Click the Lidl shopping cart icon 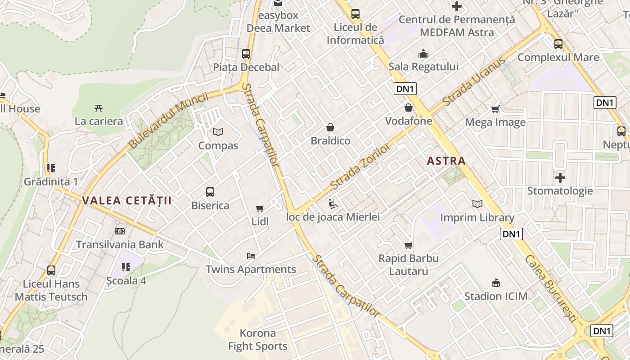click(x=260, y=208)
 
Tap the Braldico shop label click(x=330, y=141)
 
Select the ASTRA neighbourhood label click(x=446, y=161)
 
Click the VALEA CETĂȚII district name click(x=127, y=201)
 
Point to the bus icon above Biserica click(x=210, y=192)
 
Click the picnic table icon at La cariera click(x=99, y=108)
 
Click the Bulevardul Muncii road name click(x=168, y=121)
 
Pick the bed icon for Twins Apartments click(x=251, y=256)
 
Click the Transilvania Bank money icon click(x=119, y=231)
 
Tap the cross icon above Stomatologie click(x=560, y=178)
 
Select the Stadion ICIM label click(x=495, y=296)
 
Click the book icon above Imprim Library click(x=477, y=204)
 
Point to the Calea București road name click(x=550, y=288)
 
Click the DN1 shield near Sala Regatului click(x=405, y=89)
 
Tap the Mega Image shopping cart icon click(x=495, y=109)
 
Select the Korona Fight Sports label click(x=257, y=340)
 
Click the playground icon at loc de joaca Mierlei click(x=333, y=204)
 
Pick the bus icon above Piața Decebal click(x=246, y=54)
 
